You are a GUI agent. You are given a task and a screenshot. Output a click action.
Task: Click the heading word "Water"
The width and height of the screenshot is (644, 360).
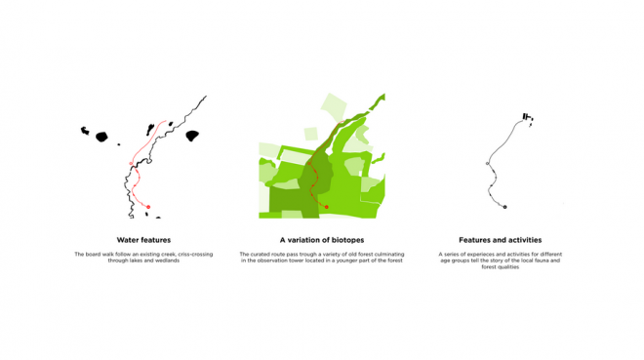click(127, 240)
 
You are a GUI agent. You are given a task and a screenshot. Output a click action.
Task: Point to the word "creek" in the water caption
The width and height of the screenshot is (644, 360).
click(169, 254)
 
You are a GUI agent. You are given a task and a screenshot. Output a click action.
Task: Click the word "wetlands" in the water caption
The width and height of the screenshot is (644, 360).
click(169, 260)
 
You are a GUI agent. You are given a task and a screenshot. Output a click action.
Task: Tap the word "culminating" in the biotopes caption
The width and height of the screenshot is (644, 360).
click(389, 254)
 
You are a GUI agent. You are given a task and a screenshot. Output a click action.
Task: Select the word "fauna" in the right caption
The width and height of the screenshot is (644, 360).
click(543, 260)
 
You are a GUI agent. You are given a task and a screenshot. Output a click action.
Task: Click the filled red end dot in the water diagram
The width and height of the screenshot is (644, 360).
click(148, 207)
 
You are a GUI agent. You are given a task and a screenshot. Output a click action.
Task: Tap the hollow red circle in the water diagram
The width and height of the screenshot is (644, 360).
click(131, 163)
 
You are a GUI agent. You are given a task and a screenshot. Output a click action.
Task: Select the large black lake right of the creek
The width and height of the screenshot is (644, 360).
click(192, 136)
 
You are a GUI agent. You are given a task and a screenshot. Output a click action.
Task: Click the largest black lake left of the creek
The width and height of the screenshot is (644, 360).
click(101, 137)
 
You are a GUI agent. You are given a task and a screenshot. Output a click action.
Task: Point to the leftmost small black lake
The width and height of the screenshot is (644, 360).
click(85, 131)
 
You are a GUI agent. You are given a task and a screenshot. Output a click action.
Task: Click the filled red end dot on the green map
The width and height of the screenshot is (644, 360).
click(327, 207)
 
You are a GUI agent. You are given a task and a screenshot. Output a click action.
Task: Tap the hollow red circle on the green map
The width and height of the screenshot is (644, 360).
click(309, 163)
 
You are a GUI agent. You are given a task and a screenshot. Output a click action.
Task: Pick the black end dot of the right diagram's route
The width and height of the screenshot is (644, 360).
click(504, 207)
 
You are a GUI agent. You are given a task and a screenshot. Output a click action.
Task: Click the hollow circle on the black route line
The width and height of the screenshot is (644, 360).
click(488, 163)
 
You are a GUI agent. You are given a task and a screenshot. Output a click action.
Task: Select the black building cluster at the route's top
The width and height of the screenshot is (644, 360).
click(527, 117)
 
